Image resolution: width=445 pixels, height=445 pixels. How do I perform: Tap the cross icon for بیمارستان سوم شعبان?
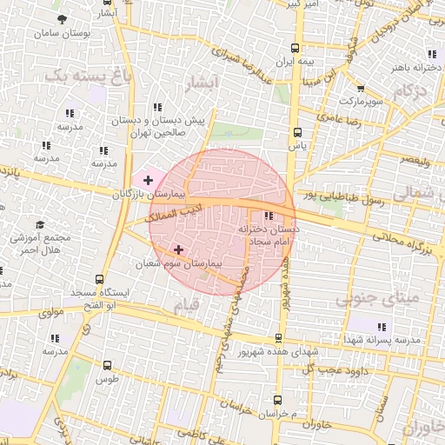click(179, 249)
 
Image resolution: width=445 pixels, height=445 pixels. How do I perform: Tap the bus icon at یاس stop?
click(298, 133)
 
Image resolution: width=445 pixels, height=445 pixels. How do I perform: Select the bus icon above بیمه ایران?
click(296, 49)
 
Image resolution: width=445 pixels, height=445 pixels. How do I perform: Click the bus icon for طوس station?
click(107, 366)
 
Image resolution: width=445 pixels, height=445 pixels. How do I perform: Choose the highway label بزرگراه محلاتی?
click(402, 237)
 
